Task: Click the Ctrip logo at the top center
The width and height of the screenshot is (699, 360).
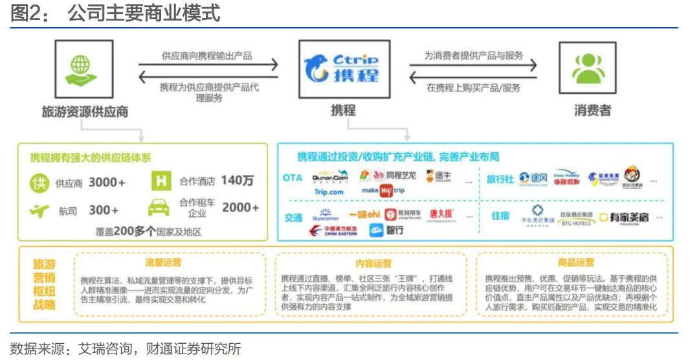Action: (x=342, y=69)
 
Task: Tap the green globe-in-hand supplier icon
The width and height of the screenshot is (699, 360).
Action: (x=80, y=69)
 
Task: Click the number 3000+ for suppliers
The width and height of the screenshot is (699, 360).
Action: (x=107, y=182)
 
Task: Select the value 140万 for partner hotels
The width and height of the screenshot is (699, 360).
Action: (x=237, y=181)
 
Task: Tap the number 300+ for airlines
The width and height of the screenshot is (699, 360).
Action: (x=104, y=210)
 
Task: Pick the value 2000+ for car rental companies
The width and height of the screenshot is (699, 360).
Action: (x=240, y=208)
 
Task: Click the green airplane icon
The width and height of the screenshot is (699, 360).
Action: (x=39, y=210)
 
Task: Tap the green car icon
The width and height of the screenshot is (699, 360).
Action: (x=159, y=208)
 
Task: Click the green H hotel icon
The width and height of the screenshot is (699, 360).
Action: (x=160, y=181)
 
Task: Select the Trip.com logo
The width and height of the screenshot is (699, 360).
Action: (x=329, y=192)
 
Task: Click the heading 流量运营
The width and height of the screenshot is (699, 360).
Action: (x=163, y=263)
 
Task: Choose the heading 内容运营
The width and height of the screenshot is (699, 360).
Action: (x=373, y=264)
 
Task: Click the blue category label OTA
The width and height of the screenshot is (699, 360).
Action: (x=293, y=177)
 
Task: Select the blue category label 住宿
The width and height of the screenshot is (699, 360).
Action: (x=501, y=216)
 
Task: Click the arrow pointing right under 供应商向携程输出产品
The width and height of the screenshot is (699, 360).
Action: (x=208, y=65)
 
